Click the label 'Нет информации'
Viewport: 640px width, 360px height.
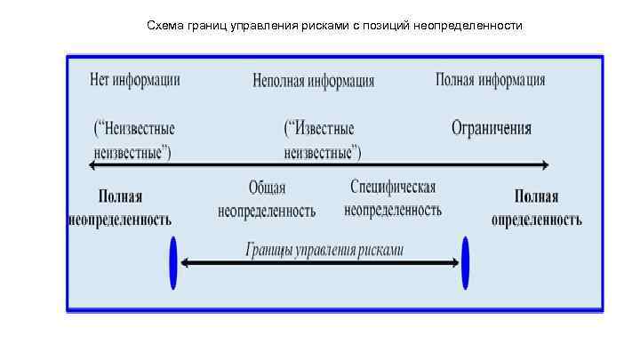pyautogui.click(x=135, y=80)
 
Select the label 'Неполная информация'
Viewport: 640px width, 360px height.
pyautogui.click(x=314, y=81)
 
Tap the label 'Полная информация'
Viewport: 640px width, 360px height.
pyautogui.click(x=490, y=80)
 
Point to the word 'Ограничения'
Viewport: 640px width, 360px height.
pyautogui.click(x=491, y=128)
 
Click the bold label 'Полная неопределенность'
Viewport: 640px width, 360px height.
pyautogui.click(x=120, y=208)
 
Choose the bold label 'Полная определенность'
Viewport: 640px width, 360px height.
pyautogui.click(x=537, y=208)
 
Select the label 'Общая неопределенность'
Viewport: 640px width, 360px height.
pyautogui.click(x=267, y=200)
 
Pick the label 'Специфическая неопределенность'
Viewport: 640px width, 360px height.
pyautogui.click(x=392, y=199)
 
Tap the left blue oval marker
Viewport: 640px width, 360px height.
pyautogui.click(x=173, y=262)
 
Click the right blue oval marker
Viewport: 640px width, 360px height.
pyautogui.click(x=465, y=262)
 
